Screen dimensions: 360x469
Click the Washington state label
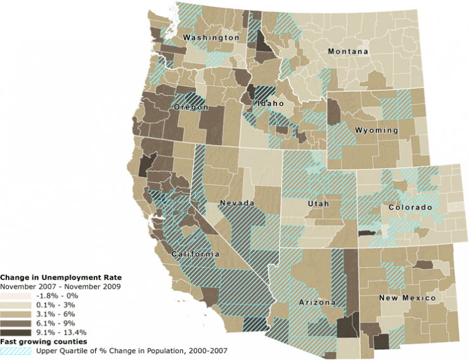tap(211, 38)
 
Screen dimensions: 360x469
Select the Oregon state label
tap(191, 107)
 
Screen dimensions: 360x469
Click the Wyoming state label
tap(376, 131)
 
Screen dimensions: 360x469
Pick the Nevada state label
tap(236, 203)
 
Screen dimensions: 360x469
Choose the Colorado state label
tap(410, 208)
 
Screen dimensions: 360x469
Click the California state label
tap(196, 254)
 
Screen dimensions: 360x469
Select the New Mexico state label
tap(407, 298)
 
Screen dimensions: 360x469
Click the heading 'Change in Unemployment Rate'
tap(61, 277)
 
